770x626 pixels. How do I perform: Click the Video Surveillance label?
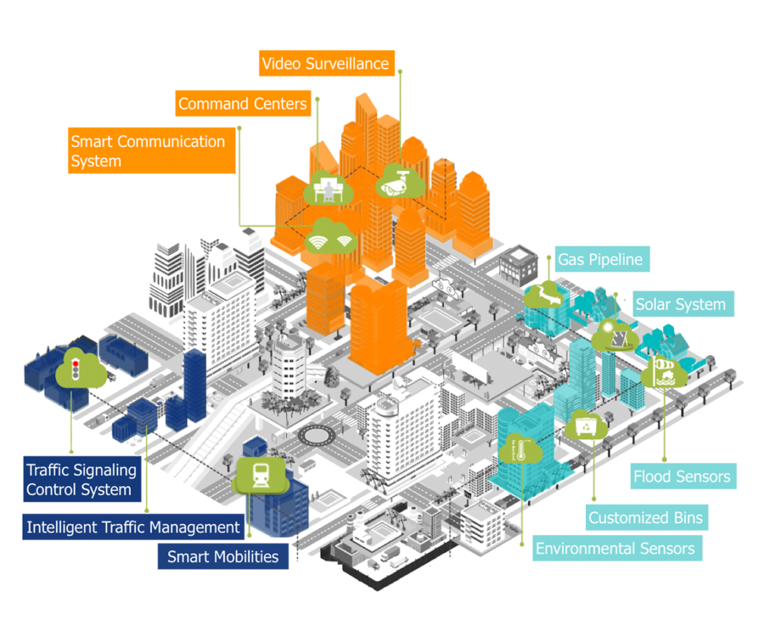pos(325,64)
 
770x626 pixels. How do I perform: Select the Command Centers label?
pos(242,104)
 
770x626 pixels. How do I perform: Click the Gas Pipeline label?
pos(601,260)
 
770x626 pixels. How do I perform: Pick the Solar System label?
pos(680,305)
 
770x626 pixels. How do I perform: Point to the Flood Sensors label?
pos(681,477)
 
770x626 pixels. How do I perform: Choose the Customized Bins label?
pos(646,518)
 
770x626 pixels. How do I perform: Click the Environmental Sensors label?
pos(615,548)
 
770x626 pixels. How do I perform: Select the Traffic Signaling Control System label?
pos(81,480)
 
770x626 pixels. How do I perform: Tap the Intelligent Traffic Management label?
pos(133,527)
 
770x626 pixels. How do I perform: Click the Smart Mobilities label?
pos(223,557)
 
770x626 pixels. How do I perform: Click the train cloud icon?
pos(261,475)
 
